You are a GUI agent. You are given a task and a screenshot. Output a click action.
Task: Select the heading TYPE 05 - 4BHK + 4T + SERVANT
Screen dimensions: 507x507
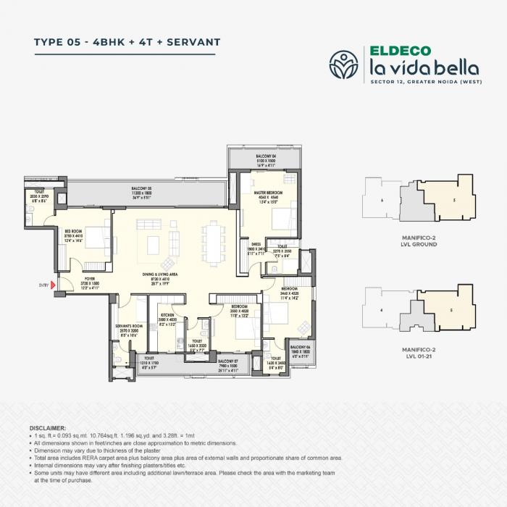(127, 41)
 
